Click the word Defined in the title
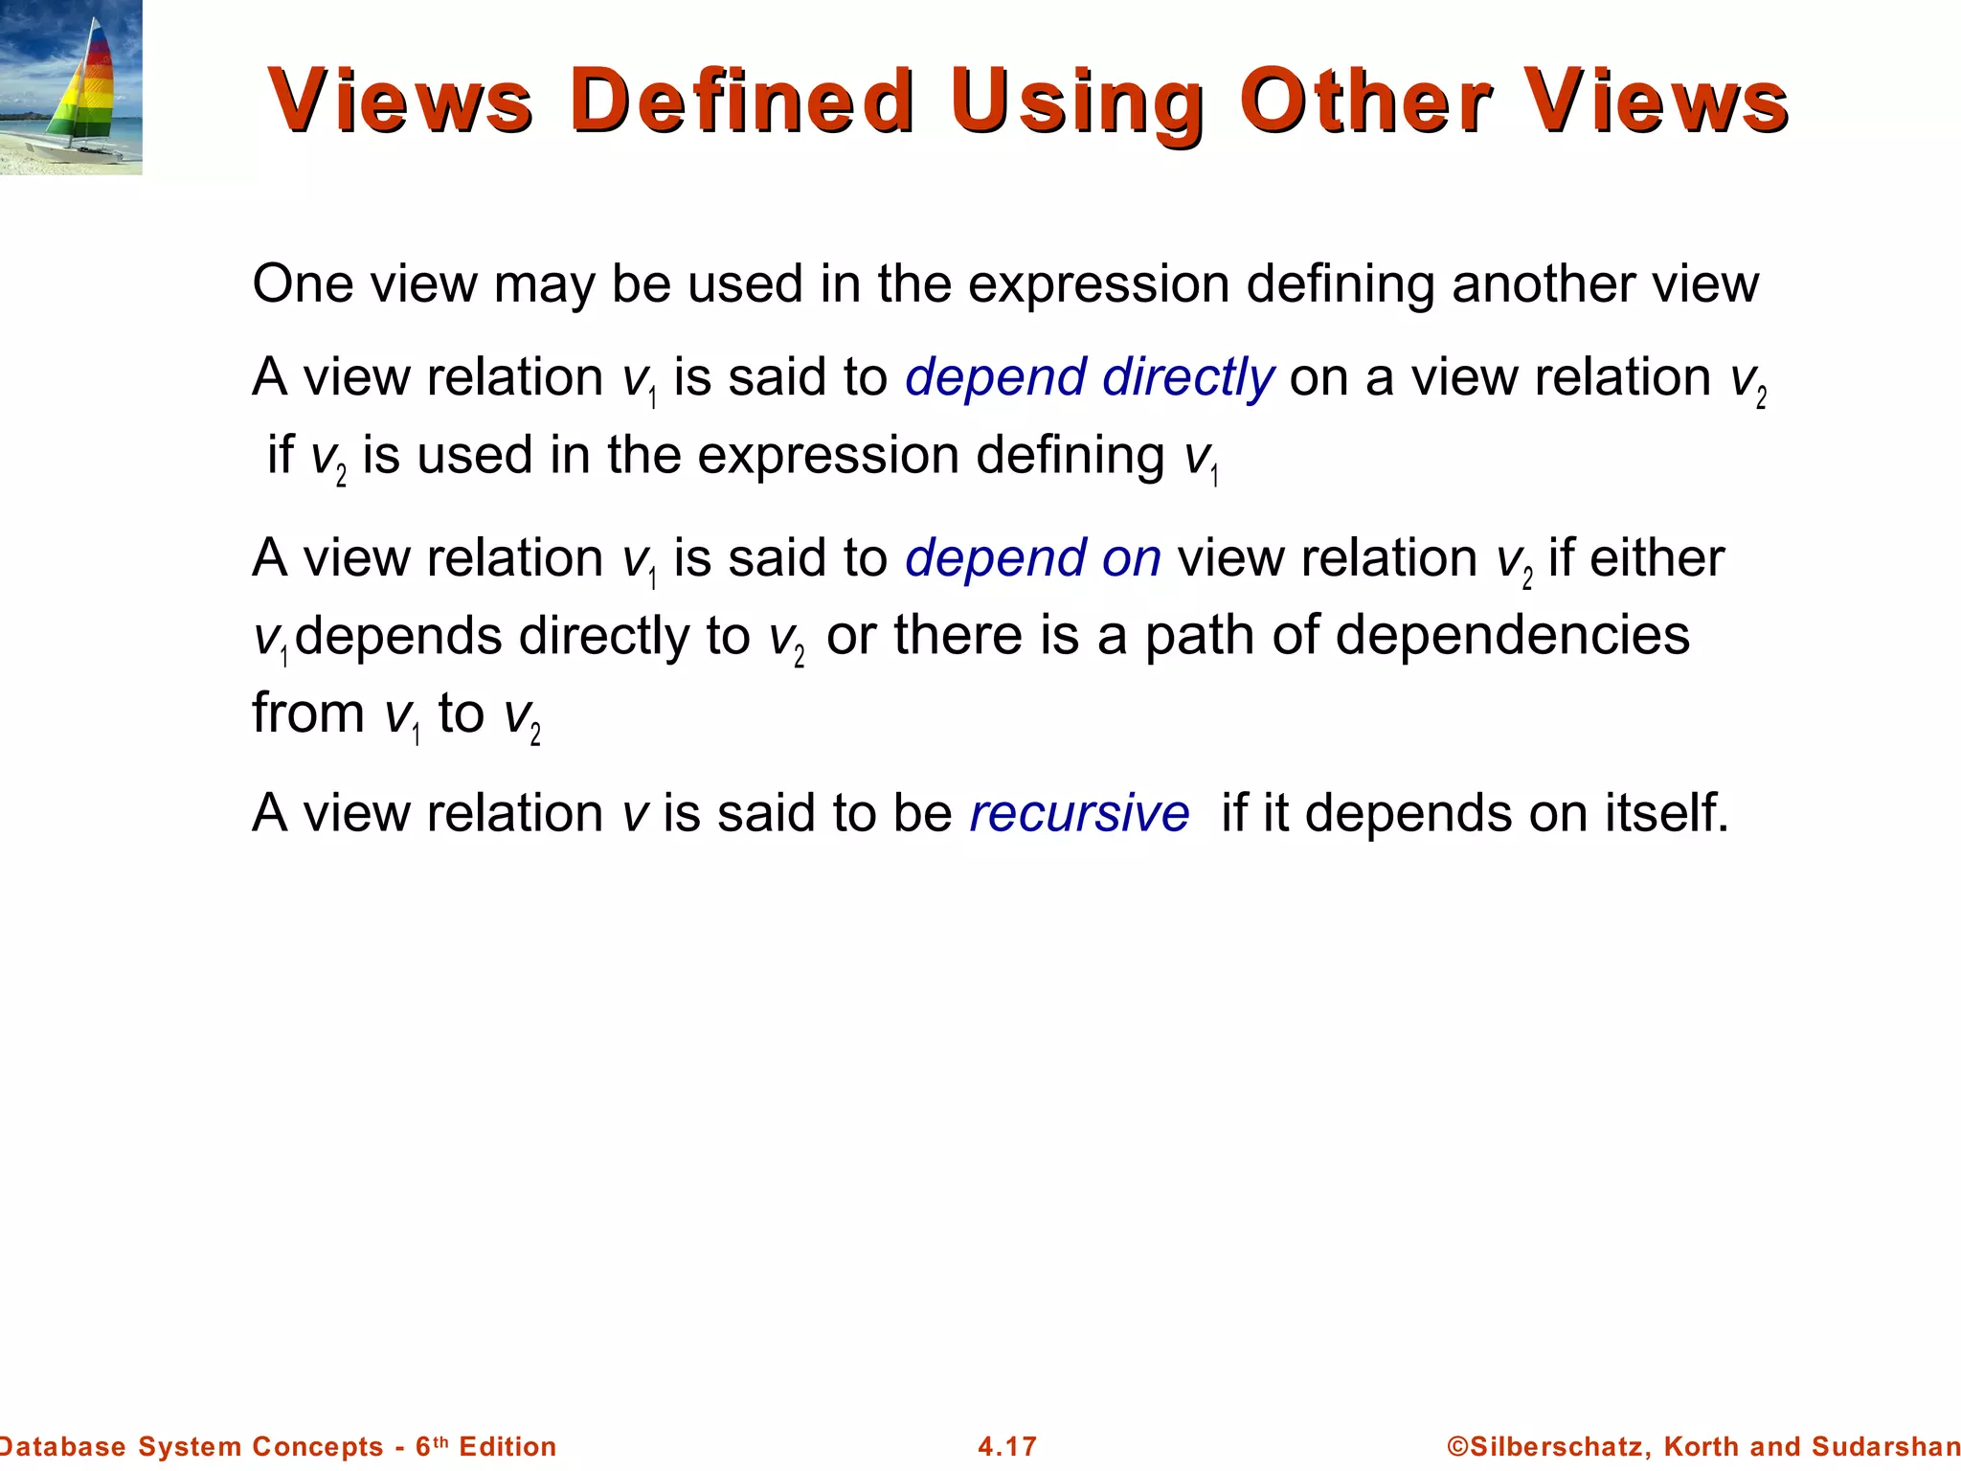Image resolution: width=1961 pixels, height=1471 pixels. pos(742,101)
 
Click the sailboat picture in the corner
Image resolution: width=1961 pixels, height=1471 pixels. pos(71,87)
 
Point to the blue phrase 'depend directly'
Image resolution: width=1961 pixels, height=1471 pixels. pos(1090,377)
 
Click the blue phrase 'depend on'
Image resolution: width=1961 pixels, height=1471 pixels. pos(1033,558)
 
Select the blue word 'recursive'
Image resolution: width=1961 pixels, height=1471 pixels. pos(1079,814)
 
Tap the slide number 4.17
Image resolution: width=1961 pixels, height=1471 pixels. pos(1007,1446)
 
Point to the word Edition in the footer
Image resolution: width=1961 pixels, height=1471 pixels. pos(507,1446)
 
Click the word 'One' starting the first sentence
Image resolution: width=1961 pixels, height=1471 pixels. pos(304,284)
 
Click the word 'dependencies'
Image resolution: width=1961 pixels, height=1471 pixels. pos(1512,636)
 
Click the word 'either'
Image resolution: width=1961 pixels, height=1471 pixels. pos(1657,558)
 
